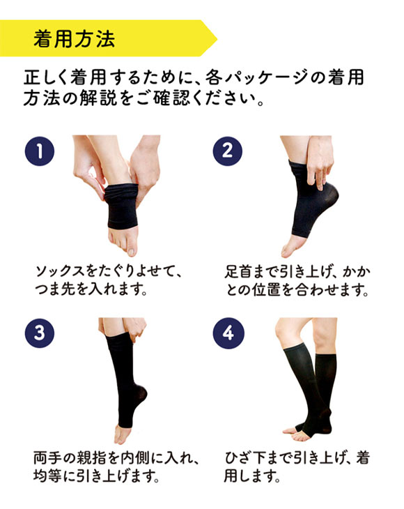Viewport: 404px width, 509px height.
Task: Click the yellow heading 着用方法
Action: (74, 38)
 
